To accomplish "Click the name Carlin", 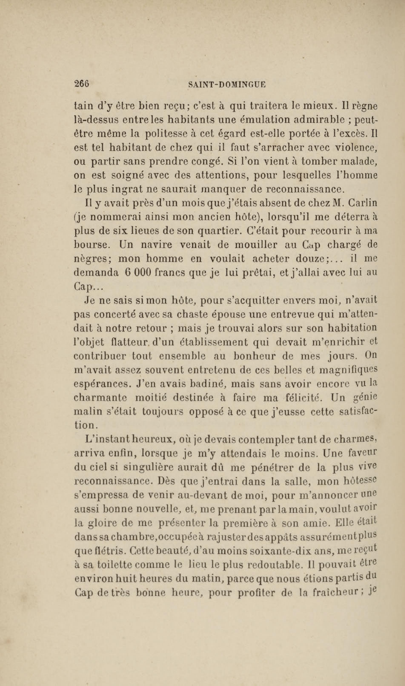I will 363,203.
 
